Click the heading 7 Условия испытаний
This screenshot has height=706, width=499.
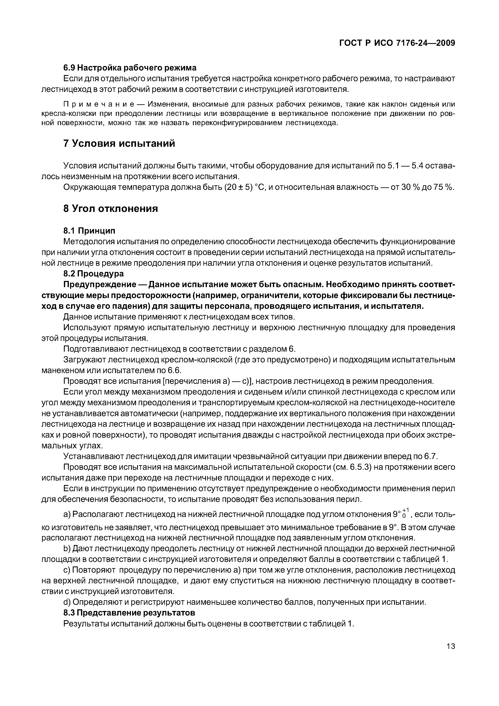pos(119,143)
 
